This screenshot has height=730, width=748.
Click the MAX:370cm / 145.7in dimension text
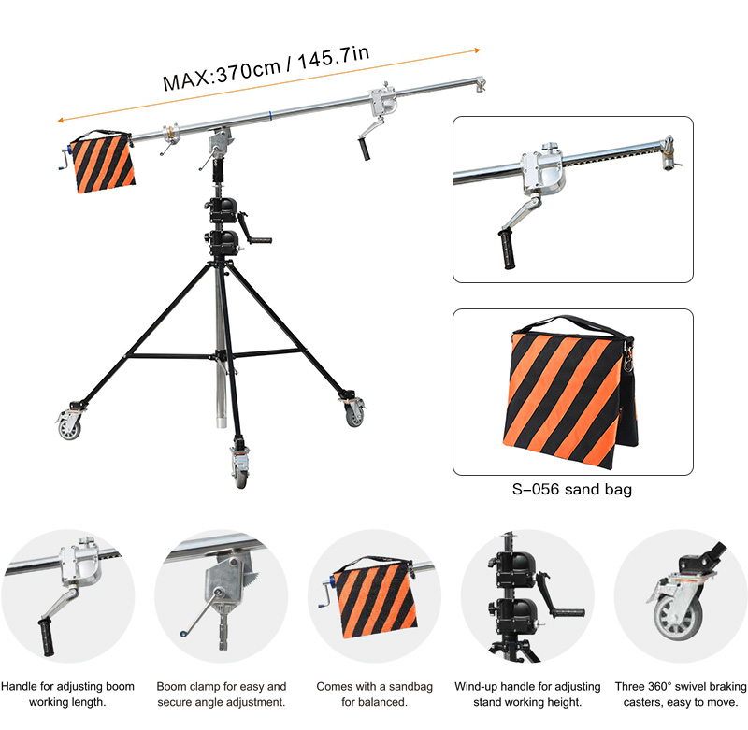[266, 67]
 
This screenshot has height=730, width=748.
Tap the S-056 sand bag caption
[572, 489]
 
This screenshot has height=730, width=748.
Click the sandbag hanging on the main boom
[102, 162]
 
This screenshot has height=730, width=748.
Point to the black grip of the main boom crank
[365, 149]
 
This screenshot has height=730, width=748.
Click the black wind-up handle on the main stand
[260, 240]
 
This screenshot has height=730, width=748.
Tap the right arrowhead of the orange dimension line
[477, 50]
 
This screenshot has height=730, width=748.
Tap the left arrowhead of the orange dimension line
[61, 121]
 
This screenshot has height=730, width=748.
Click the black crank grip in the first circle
[46, 637]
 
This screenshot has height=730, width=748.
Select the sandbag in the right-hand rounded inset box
[570, 393]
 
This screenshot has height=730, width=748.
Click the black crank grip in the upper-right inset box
[507, 249]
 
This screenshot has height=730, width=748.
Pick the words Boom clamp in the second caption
[188, 687]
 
